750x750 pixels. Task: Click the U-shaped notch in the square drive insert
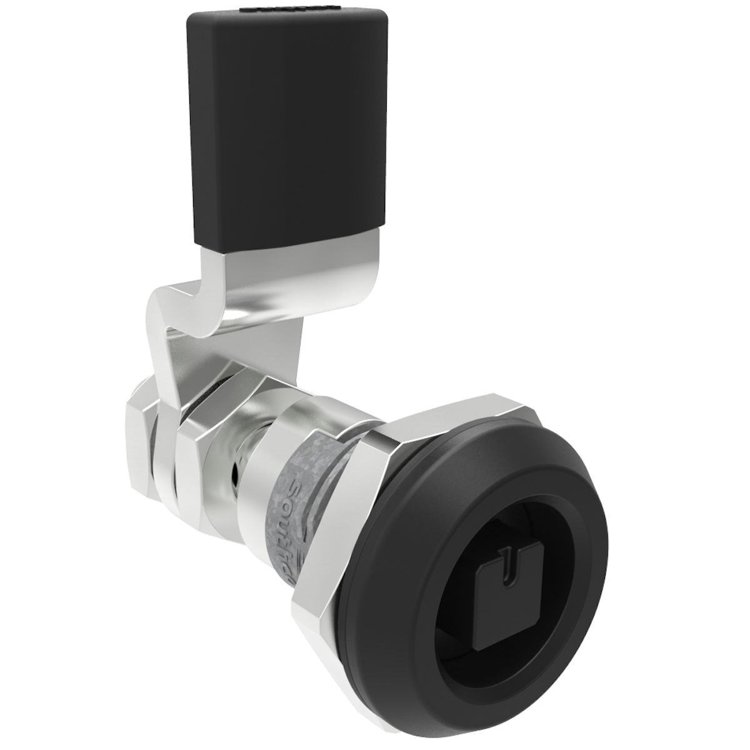click(x=512, y=556)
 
